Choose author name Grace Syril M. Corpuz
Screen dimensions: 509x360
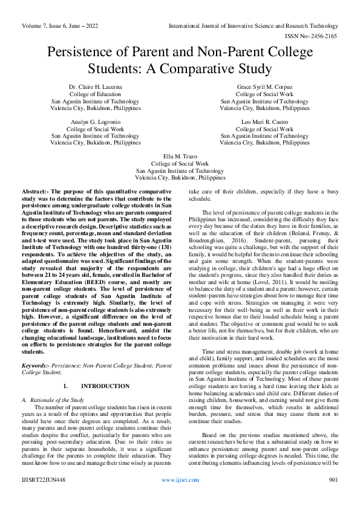click(x=264, y=87)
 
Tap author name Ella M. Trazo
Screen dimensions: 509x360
click(x=180, y=157)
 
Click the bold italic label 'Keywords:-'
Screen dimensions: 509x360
click(x=36, y=366)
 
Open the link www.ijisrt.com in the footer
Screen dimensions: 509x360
click(x=180, y=496)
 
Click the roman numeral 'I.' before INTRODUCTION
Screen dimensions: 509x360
click(x=65, y=386)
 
